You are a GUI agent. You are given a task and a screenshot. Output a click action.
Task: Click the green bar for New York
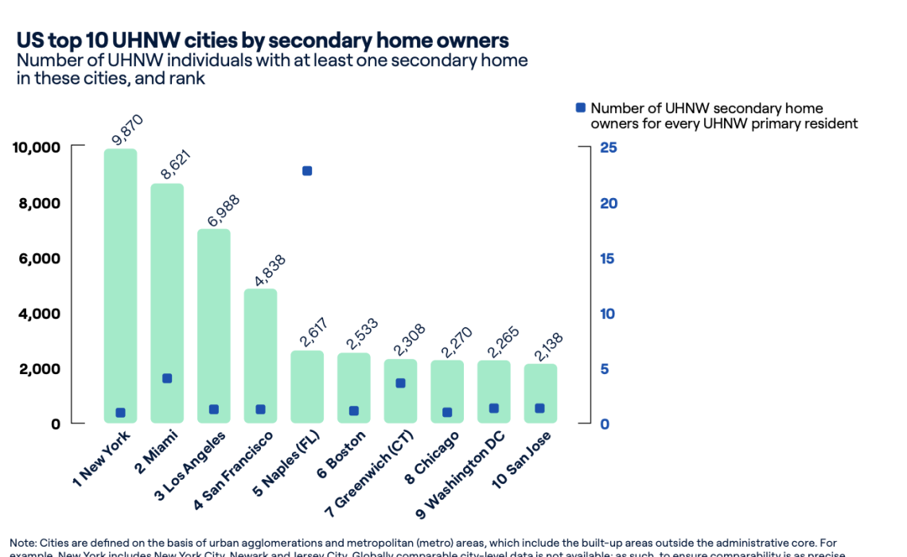click(x=120, y=278)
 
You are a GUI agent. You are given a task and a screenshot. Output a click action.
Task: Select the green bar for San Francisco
click(x=260, y=350)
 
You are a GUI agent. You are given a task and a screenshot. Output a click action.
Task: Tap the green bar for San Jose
click(x=540, y=390)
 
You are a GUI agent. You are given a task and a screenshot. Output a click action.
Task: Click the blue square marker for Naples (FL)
click(x=307, y=171)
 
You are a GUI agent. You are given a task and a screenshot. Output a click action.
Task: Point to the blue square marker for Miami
click(x=167, y=378)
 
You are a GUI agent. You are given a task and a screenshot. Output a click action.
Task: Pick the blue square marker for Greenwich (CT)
click(x=400, y=383)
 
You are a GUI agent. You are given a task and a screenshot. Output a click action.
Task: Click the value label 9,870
click(x=127, y=130)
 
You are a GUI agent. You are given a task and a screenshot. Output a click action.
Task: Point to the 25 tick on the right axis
click(x=609, y=148)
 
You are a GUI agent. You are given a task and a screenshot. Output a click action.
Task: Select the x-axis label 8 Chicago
click(x=433, y=455)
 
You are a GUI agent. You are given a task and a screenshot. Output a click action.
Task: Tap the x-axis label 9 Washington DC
click(x=462, y=470)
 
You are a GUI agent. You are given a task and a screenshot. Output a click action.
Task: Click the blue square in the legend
click(x=580, y=108)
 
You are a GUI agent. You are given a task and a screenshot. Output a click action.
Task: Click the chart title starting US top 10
click(x=263, y=41)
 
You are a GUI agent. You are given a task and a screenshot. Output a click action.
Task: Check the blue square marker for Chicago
click(x=447, y=412)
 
